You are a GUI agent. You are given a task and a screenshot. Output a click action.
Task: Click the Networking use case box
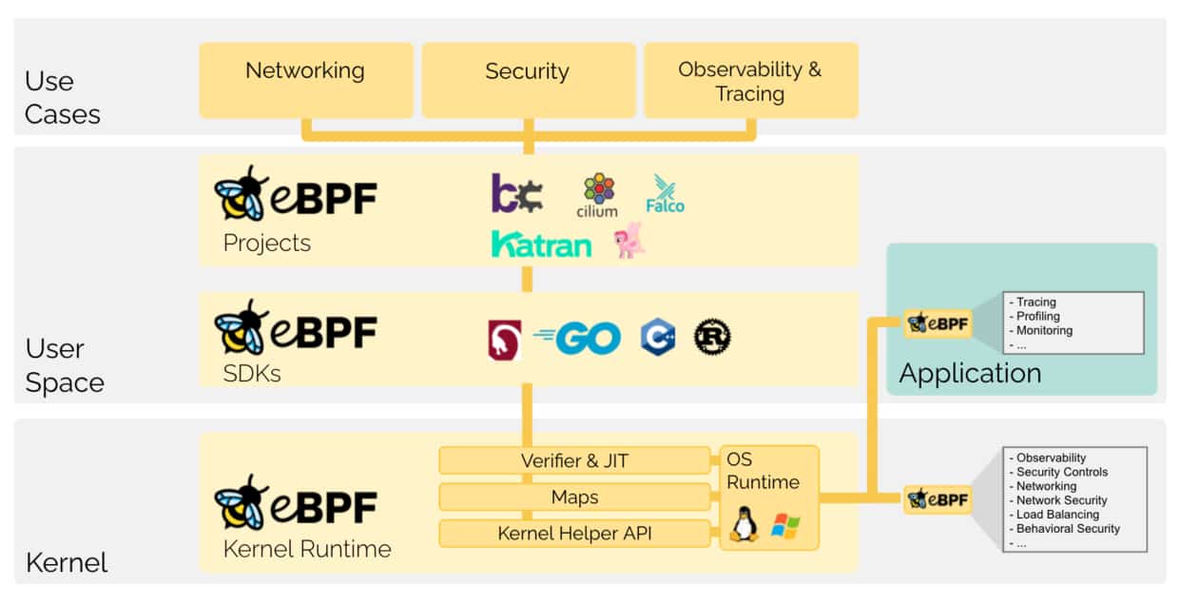(x=305, y=80)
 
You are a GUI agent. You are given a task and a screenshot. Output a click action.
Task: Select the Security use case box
(x=528, y=80)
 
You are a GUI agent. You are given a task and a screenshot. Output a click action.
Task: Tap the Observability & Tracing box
(x=750, y=81)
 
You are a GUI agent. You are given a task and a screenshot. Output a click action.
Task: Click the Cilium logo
(x=598, y=195)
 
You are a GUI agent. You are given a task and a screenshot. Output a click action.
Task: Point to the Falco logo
(x=665, y=193)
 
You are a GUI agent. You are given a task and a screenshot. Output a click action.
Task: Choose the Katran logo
(x=541, y=244)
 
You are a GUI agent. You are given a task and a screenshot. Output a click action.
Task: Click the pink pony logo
(x=629, y=240)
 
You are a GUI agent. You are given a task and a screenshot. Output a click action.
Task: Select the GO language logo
(x=579, y=338)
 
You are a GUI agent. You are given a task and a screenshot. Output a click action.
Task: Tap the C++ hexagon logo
(x=657, y=337)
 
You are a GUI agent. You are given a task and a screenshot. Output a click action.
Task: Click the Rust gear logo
(x=712, y=337)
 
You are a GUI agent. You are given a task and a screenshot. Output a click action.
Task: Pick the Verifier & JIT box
(x=574, y=460)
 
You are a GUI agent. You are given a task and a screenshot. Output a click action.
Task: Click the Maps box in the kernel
(x=574, y=497)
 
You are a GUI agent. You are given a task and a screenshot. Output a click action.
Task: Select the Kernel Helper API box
(x=574, y=534)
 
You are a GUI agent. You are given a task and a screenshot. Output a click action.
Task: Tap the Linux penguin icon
(x=744, y=524)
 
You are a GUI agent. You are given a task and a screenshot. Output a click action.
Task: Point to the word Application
(x=970, y=373)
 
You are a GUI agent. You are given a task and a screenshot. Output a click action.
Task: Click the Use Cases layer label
(x=63, y=97)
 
